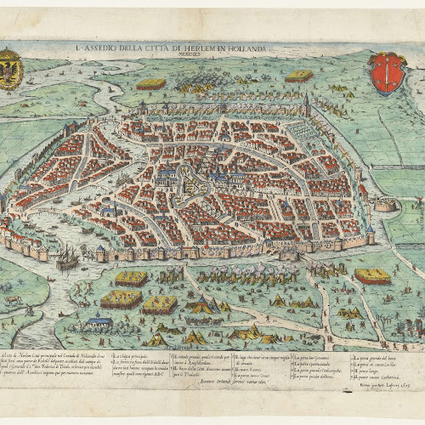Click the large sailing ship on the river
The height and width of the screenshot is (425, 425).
pyautogui.click(x=66, y=258)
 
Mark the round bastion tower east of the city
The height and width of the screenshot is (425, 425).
pyautogui.click(x=384, y=204)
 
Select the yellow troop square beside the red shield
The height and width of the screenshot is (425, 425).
pyautogui.click(x=299, y=76)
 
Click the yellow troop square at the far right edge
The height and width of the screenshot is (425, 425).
pyautogui.click(x=374, y=276)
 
